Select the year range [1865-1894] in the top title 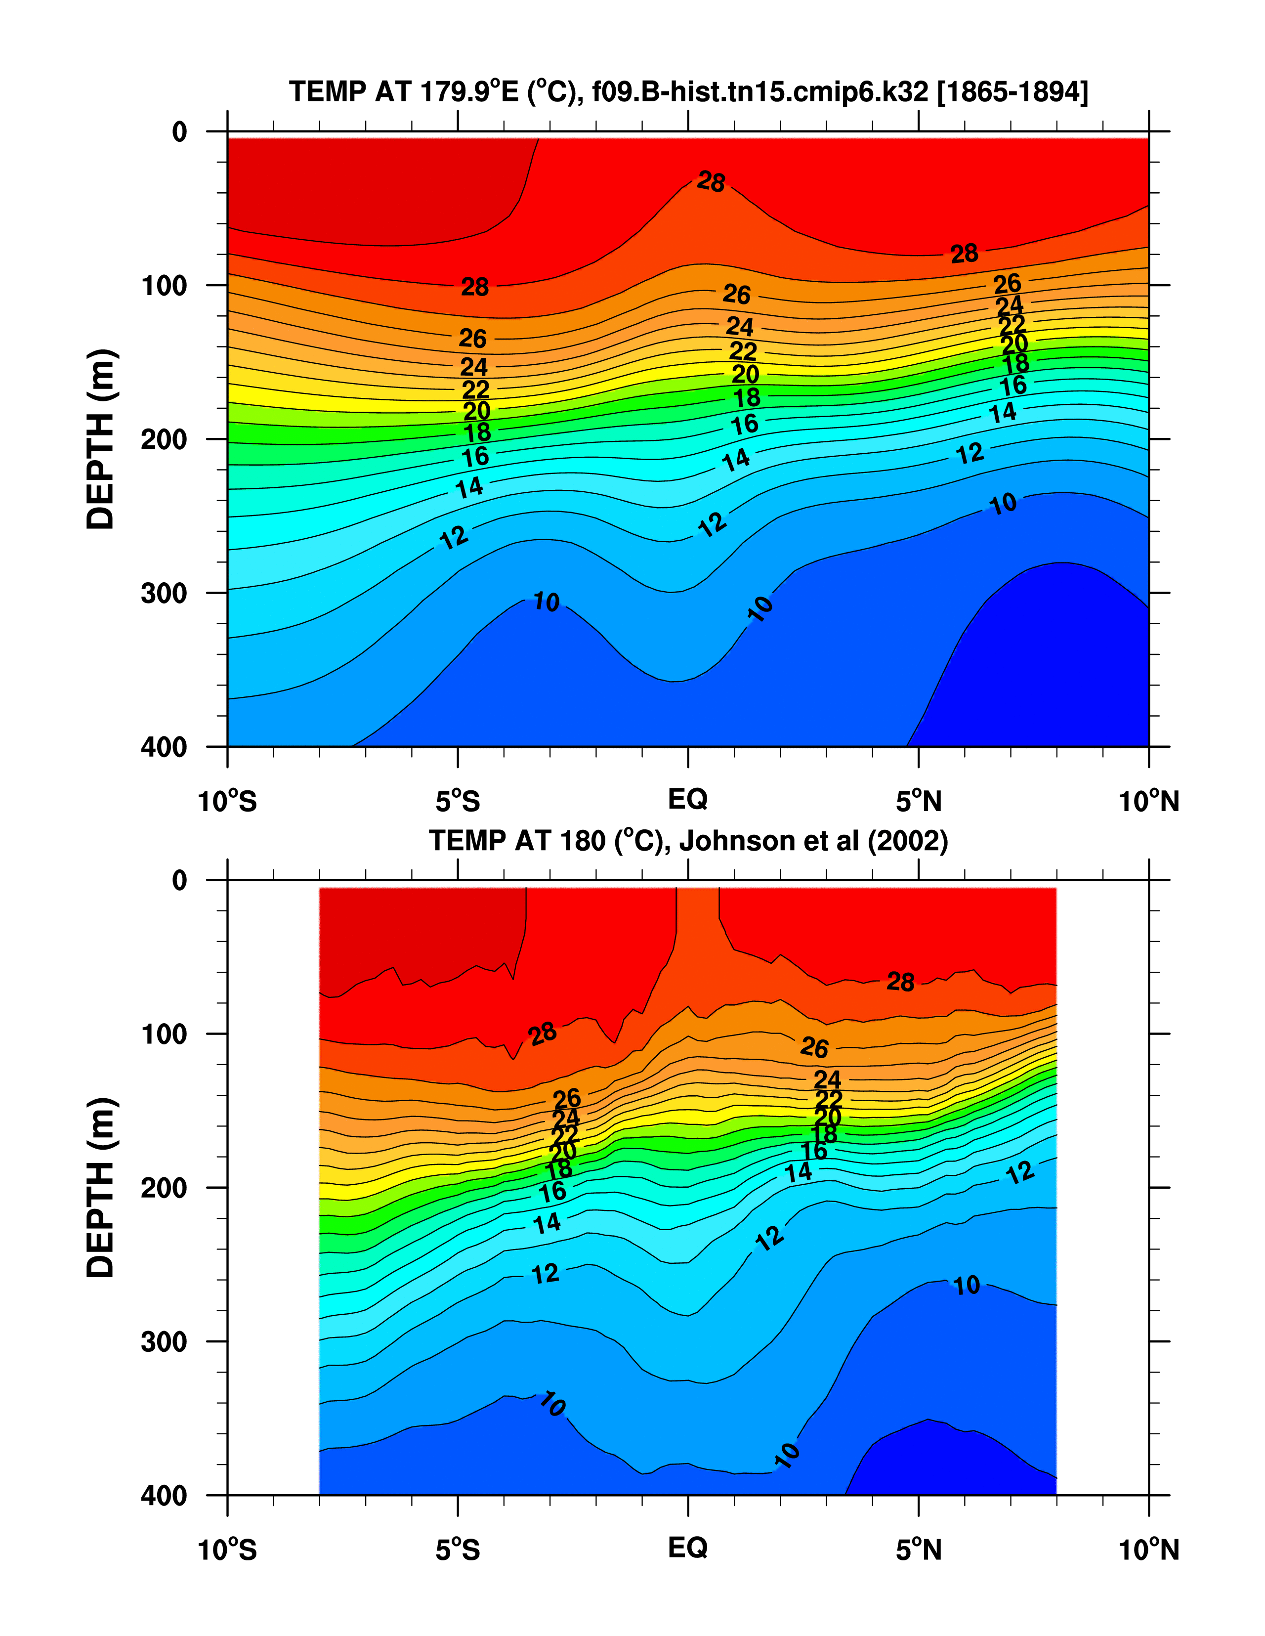[1012, 92]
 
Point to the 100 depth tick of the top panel [164, 285]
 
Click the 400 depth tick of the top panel [164, 747]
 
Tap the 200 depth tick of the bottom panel [164, 1188]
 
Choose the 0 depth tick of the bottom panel [180, 880]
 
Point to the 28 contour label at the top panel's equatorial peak [711, 181]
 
